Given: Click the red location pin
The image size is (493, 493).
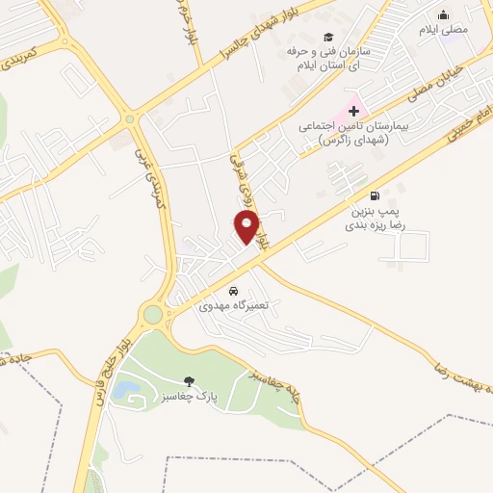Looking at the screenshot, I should click(246, 227).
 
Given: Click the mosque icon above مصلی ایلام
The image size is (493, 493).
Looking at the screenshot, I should click(443, 14).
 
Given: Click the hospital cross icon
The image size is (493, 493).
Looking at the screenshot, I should click(353, 113).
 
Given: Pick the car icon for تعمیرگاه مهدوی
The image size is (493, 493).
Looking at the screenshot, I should click(232, 290).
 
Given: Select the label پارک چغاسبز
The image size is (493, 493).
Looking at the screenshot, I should click(189, 396).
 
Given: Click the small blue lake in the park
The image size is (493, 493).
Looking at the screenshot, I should click(124, 390).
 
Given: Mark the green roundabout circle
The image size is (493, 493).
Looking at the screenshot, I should click(152, 314).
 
